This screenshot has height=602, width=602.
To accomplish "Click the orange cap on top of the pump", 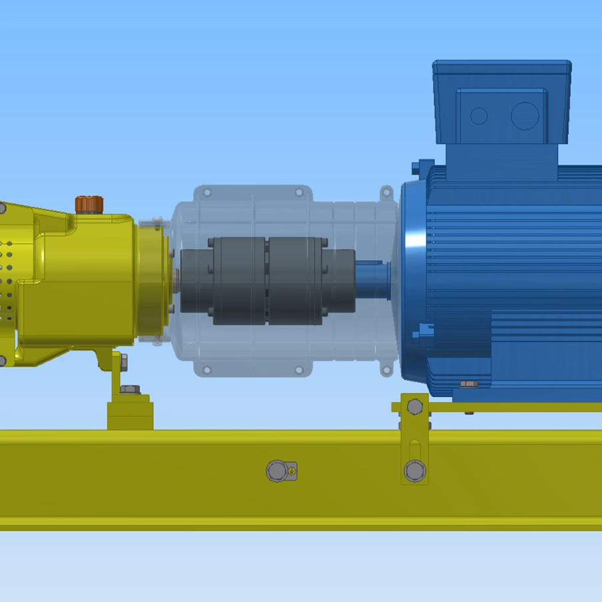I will tap(89, 204).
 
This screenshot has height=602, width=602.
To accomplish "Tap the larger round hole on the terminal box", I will tap(525, 116).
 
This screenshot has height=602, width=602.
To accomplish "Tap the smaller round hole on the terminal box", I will tap(479, 116).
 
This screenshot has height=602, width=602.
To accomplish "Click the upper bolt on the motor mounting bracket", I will tap(414, 407).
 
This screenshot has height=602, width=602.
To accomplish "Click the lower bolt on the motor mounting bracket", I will tap(414, 469).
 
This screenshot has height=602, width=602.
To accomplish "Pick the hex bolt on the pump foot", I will tap(129, 389).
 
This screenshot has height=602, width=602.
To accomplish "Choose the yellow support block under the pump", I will tap(130, 412).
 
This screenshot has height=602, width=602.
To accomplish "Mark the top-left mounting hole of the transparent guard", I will tap(207, 193).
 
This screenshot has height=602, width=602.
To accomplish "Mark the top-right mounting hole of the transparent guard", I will tap(299, 193).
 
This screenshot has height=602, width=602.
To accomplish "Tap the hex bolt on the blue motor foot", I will tap(468, 384).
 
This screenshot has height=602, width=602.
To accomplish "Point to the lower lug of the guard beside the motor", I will tap(387, 368).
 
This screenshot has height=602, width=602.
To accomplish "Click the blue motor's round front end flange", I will tap(413, 280).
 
